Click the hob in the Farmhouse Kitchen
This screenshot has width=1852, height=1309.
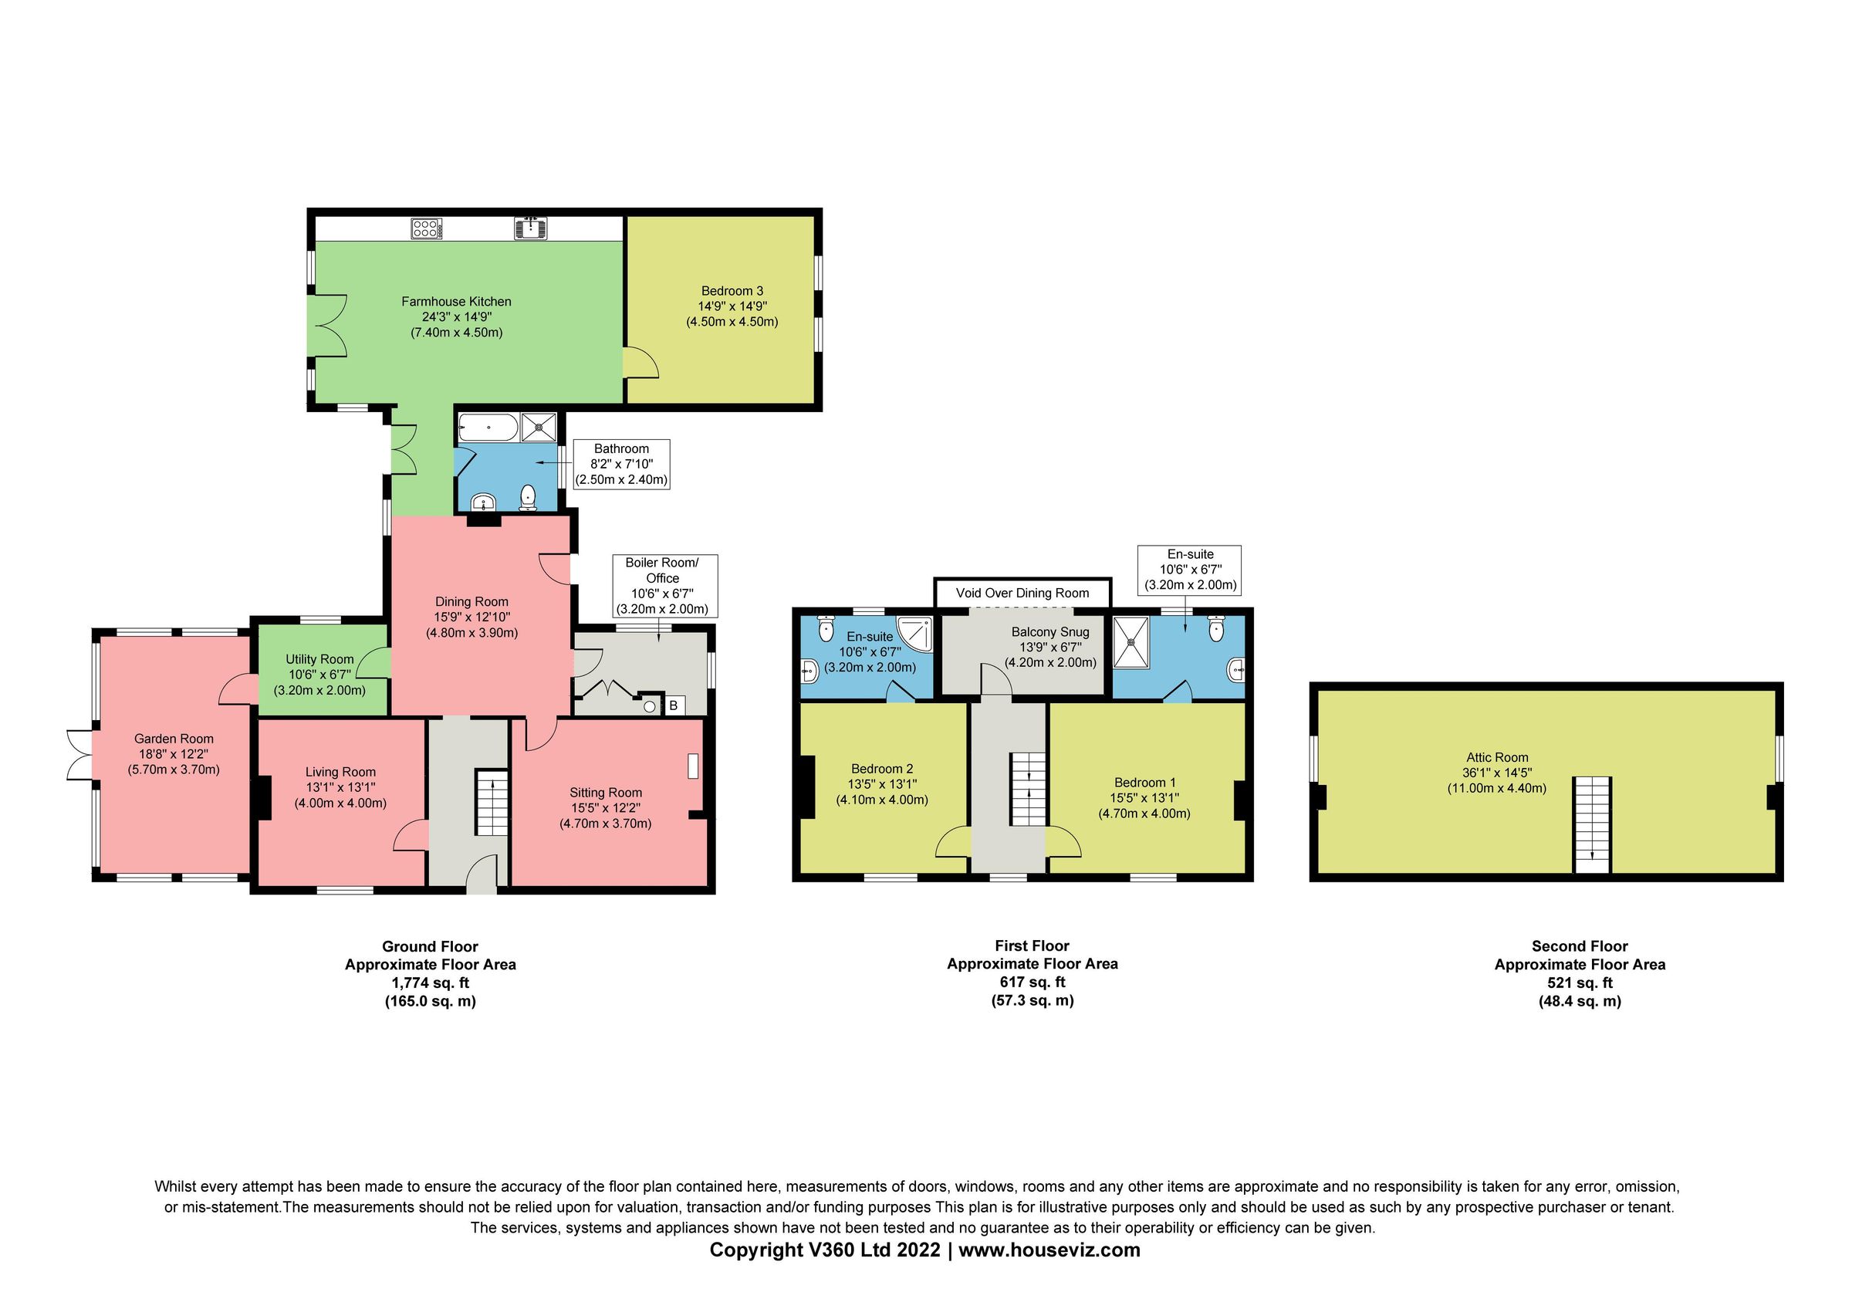[427, 228]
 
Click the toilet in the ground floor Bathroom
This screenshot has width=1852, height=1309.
[529, 497]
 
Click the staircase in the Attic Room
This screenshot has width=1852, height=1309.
[1591, 824]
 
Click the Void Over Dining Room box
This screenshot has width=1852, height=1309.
[1022, 593]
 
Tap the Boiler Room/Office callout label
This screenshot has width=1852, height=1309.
[662, 586]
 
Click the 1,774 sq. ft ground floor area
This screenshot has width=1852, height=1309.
[430, 983]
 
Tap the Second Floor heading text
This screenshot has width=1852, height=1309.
[1580, 946]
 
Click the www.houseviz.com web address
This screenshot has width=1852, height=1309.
[1049, 1250]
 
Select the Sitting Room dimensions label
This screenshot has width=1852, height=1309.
[605, 807]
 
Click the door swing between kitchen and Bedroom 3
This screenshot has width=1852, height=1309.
[642, 362]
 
